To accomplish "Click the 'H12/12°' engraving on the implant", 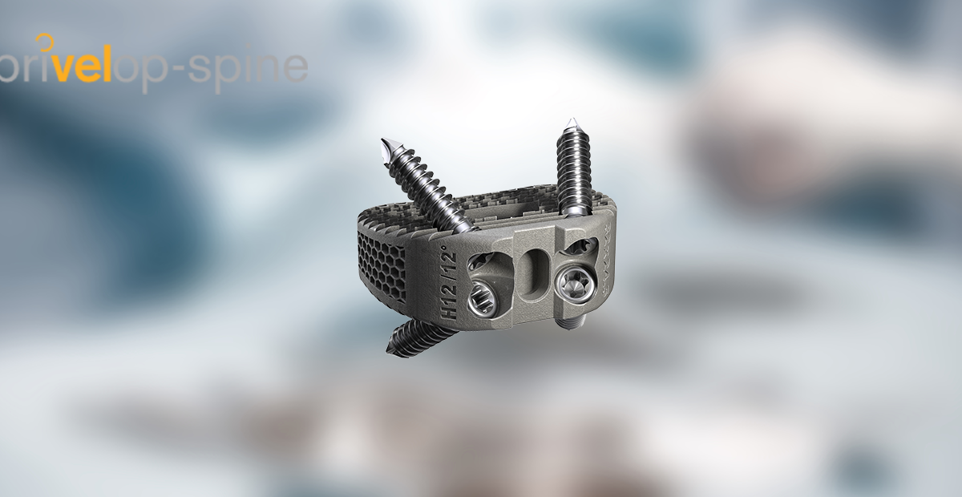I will pos(447,284).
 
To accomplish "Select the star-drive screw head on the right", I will pos(574,281).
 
